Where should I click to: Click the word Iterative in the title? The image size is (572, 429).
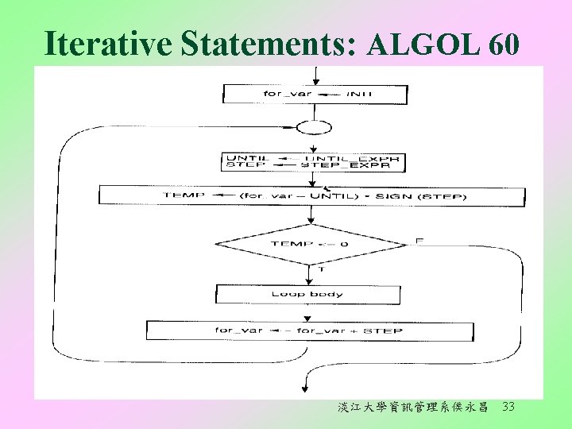pos(108,44)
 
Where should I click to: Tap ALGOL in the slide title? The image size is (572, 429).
pos(423,46)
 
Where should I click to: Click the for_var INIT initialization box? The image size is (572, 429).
pos(315,94)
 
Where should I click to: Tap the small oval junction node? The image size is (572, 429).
pos(313,127)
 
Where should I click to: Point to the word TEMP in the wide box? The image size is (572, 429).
pos(184,195)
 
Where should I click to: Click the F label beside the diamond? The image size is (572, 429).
pos(419,240)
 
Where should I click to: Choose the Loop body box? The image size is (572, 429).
pos(307,294)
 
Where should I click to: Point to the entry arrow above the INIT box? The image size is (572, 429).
pos(316,76)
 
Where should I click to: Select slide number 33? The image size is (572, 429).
pos(509,408)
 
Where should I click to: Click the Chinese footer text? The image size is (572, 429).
pos(412,408)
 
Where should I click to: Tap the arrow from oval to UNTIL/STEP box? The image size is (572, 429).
pos(314,144)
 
